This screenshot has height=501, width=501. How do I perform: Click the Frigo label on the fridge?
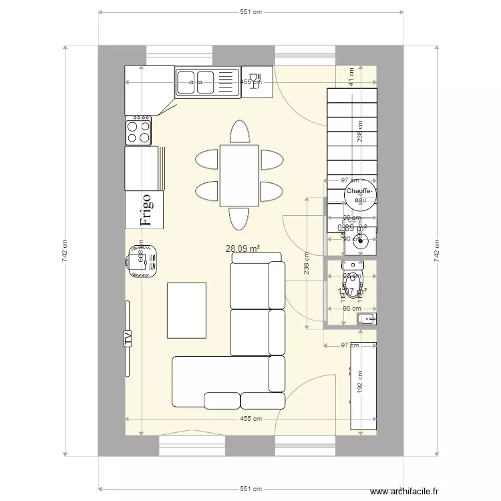[145, 209]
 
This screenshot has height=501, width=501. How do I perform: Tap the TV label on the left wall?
[127, 338]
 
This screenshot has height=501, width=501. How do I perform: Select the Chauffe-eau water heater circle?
[360, 194]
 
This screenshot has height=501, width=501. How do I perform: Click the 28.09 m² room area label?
[243, 248]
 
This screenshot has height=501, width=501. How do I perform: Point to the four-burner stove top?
[138, 130]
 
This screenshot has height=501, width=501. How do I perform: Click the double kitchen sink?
[207, 82]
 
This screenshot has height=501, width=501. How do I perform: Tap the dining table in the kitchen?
[238, 175]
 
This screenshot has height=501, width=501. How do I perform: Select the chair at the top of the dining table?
[239, 132]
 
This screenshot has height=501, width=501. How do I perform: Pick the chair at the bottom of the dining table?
[239, 218]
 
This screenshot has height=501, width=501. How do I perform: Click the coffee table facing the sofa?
[186, 310]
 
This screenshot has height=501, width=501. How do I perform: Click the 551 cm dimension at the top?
[251, 12]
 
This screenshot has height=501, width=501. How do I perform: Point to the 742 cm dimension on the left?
[65, 251]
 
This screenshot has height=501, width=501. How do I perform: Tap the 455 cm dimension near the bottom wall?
[251, 419]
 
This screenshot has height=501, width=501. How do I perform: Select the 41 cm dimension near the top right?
[351, 77]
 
